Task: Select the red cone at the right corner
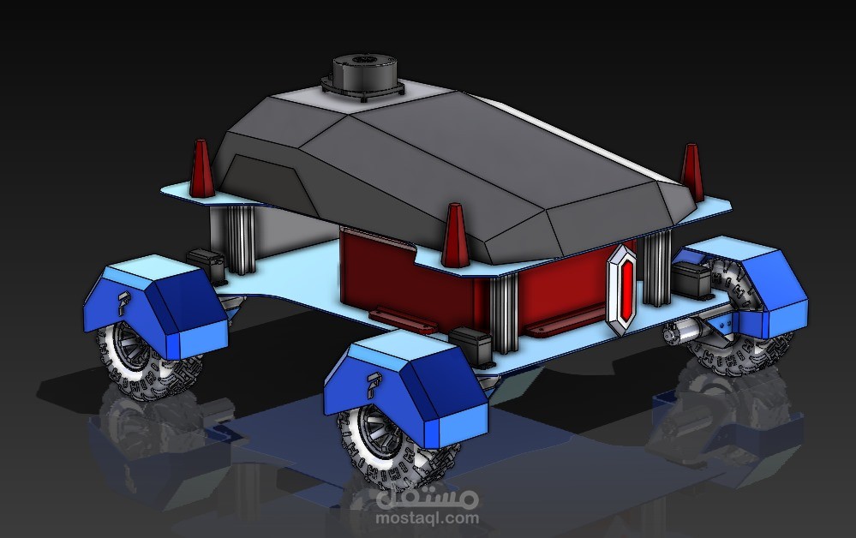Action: tap(691, 171)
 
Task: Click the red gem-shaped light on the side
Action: tap(626, 284)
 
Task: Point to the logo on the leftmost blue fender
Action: tap(125, 302)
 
